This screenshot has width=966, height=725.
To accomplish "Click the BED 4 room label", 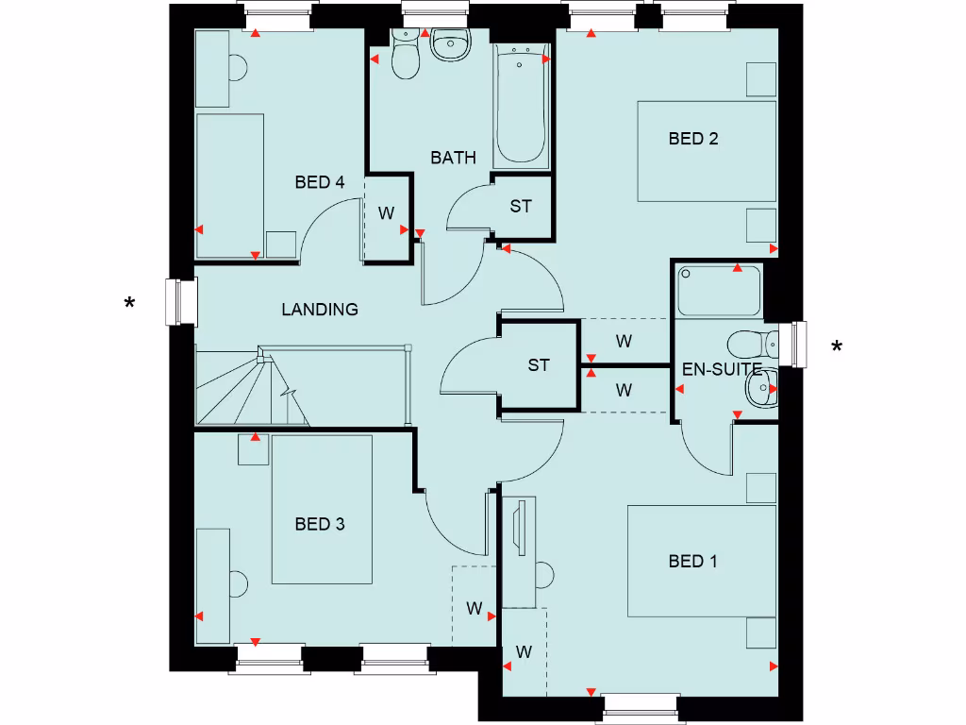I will point(319,182).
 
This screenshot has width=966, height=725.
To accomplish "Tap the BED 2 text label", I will point(693,139).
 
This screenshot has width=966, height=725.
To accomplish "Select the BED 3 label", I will point(319,524).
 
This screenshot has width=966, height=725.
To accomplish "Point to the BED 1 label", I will point(693,562).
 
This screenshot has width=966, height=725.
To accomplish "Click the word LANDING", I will point(320,309).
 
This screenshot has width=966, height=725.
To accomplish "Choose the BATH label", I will point(453,158).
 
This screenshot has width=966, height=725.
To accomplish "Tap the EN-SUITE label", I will point(722,369).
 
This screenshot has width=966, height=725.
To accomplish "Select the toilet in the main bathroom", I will point(407,57).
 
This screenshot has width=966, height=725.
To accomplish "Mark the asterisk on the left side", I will point(130,304).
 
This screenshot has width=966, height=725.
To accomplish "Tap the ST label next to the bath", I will point(521,206).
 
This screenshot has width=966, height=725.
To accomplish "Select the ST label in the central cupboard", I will point(539,365).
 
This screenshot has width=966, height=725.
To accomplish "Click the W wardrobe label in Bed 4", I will point(386,213).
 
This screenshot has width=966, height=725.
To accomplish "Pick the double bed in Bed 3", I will point(322,510).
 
